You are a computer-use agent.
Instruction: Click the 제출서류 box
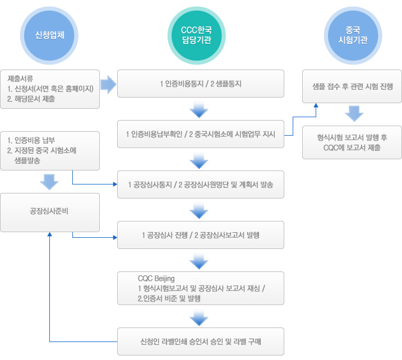[x=50, y=89]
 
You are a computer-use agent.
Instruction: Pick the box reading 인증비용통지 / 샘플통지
[x=200, y=84]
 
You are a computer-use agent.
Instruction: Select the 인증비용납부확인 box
[x=200, y=135]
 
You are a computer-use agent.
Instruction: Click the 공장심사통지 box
[x=200, y=184]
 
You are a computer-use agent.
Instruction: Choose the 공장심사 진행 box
[x=200, y=235]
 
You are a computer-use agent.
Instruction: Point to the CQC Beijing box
[x=200, y=288]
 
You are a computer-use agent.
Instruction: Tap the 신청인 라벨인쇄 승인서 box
[x=200, y=341]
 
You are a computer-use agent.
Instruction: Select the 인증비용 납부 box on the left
[x=50, y=150]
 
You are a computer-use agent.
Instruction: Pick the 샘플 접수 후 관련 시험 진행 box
[x=352, y=86]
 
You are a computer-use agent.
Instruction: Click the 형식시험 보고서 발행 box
[x=352, y=143]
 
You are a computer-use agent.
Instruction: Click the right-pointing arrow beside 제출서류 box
[x=108, y=85]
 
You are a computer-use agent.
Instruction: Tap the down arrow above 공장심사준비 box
[x=50, y=181]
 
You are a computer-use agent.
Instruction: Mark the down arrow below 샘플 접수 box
[x=352, y=114]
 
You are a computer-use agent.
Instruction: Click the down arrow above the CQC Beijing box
[x=199, y=261]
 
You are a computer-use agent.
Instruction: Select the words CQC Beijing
[x=156, y=279]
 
